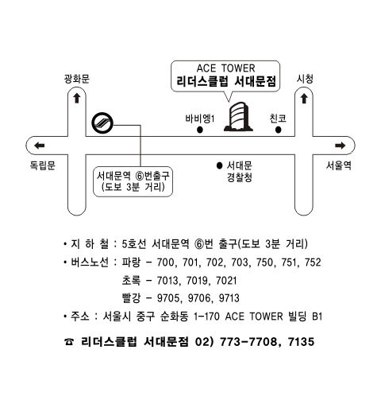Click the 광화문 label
77,79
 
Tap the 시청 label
305,79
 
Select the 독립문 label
42,165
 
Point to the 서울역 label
338,165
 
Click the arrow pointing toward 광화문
77,98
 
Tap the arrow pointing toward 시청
304,99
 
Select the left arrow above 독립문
40,146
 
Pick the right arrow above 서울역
341,146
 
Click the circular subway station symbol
102,123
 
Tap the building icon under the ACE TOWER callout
238,117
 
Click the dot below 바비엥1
200,130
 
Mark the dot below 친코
278,130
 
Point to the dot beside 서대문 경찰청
219,165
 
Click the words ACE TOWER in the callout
225,68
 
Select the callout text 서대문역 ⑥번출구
133,176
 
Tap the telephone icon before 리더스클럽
69,342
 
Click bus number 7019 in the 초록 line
196,281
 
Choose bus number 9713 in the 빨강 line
229,298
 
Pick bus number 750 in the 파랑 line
264,262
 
